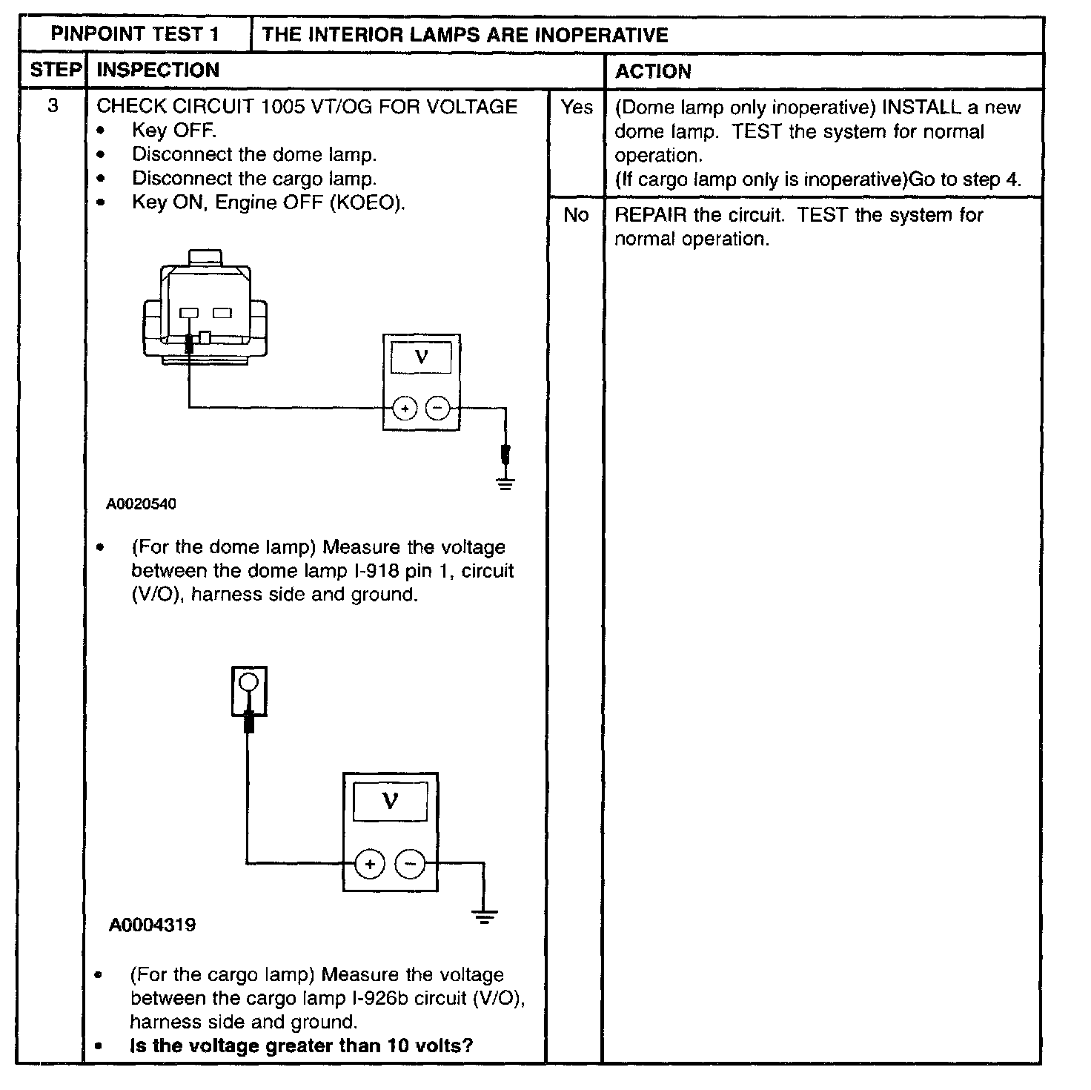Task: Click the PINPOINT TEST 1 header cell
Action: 135,34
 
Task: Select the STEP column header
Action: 55,70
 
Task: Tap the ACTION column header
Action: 653,71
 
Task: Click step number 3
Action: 53,106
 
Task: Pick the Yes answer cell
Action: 576,108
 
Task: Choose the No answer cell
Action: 575,215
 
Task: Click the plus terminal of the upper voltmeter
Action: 404,409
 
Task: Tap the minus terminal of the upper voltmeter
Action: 438,409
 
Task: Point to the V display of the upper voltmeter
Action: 420,357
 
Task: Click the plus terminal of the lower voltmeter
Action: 370,864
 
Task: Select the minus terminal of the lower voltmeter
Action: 410,864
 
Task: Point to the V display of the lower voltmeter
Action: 390,802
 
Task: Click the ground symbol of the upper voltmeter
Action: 505,484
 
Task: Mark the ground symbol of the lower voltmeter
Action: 484,918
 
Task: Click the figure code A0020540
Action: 141,504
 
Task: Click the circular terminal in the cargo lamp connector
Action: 249,681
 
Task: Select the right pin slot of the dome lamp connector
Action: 222,314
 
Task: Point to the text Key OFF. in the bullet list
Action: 173,131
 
